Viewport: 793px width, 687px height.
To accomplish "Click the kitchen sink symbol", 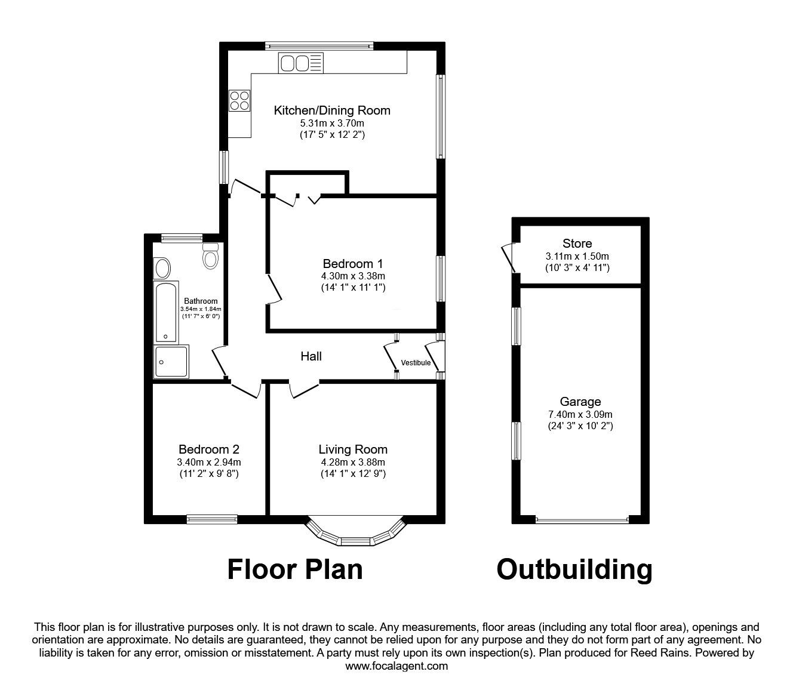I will [300, 63].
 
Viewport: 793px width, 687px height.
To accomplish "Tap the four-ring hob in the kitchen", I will [239, 100].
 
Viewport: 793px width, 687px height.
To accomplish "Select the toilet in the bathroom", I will [211, 257].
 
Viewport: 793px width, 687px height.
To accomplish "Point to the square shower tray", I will [171, 362].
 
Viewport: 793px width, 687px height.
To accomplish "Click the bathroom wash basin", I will [162, 268].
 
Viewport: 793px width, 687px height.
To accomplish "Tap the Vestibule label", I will [416, 363].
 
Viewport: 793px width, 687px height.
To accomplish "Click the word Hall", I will [311, 356].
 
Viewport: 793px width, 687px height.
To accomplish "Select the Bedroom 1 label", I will [352, 263].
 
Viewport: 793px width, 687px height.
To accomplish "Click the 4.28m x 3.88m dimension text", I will [352, 462].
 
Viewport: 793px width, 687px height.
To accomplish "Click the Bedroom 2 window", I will [211, 519].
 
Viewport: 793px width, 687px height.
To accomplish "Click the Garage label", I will [580, 402].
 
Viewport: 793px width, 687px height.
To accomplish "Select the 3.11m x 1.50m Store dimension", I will [577, 256].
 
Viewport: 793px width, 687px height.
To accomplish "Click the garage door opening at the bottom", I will [582, 520].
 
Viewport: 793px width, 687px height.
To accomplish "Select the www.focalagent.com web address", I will [396, 666].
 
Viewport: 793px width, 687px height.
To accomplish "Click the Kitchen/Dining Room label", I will [332, 110].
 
